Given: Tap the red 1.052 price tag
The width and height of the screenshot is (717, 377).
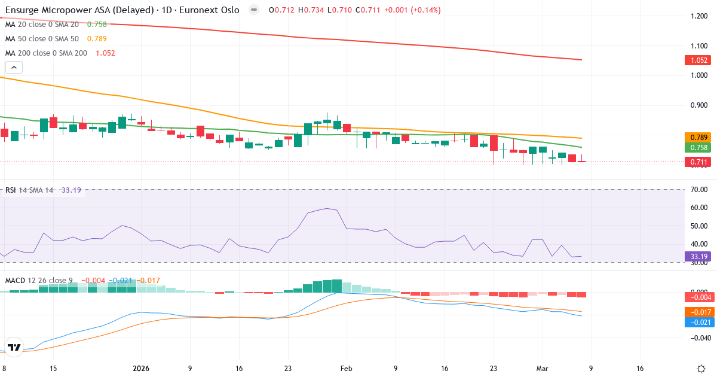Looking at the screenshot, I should pos(696,60).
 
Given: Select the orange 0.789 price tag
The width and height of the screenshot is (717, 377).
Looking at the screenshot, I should pos(696,138).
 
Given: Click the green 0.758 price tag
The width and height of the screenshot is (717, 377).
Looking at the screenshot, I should pos(696,148).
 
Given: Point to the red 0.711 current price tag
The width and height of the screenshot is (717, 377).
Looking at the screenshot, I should pos(696,162).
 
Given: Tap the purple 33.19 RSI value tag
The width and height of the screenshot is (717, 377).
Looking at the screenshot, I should pos(696,257).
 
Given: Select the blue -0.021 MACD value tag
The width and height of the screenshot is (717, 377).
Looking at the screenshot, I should pos(696,323).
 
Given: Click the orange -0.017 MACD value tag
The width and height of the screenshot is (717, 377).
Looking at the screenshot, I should pos(696,312).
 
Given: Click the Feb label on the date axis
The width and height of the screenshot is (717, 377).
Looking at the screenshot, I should pos(347,369).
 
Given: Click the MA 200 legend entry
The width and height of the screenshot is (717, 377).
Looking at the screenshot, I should pos(47,53).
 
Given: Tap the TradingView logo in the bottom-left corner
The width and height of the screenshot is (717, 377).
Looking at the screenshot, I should pos(14,347).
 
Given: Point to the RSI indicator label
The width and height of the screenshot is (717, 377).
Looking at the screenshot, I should pos(11,190).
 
